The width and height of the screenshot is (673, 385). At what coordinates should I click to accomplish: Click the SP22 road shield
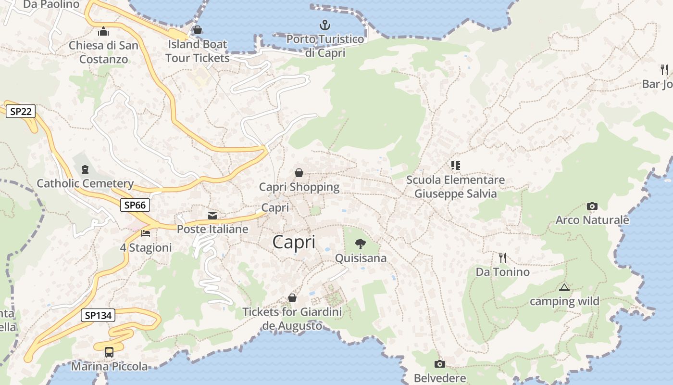click(x=20, y=112)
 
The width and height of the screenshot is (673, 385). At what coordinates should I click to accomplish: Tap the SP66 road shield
click(x=135, y=205)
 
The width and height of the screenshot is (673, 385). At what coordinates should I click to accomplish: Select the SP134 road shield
click(x=98, y=316)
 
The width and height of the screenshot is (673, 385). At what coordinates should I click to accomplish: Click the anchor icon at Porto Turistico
click(x=325, y=25)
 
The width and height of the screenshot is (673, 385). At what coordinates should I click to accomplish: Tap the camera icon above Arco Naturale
click(x=592, y=206)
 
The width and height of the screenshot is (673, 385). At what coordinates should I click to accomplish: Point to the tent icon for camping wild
click(x=564, y=288)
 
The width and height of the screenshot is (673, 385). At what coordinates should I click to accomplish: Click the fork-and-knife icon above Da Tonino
click(x=502, y=257)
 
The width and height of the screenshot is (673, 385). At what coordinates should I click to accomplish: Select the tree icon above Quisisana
click(x=360, y=244)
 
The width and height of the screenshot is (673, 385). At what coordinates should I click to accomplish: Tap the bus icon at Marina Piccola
click(x=109, y=352)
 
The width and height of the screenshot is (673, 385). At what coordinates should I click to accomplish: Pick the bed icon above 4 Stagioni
click(x=146, y=233)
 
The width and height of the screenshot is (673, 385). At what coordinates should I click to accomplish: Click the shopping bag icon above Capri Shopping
click(x=299, y=172)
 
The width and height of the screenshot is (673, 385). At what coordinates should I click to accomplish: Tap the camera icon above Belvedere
click(x=439, y=364)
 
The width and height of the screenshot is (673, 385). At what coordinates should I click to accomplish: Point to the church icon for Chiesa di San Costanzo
click(x=103, y=32)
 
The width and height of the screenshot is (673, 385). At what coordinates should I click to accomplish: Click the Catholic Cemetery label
click(x=85, y=183)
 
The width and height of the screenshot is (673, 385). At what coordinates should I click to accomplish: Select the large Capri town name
click(x=294, y=242)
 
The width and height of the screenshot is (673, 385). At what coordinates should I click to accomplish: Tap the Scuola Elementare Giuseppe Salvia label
click(x=455, y=187)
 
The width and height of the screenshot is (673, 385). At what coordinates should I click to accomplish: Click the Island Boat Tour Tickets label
click(x=197, y=51)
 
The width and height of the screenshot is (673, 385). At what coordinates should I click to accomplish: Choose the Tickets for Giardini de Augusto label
click(x=292, y=319)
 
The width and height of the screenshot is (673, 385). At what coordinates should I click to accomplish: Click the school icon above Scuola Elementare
click(x=455, y=166)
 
